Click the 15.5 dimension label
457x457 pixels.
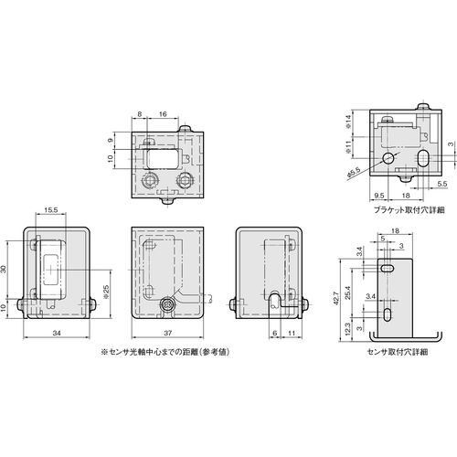51,210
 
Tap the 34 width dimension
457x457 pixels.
57,333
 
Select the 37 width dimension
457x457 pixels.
167,333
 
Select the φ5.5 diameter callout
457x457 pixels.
354,173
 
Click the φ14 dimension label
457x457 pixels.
349,121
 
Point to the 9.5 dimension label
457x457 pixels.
378,196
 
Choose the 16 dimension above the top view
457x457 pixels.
163,114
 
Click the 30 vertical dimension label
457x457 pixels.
4,270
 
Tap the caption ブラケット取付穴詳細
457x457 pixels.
405,210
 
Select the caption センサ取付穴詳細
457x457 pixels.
398,352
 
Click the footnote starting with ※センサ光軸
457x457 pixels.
165,352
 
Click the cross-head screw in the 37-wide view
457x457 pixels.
167,304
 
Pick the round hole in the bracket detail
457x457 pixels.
388,157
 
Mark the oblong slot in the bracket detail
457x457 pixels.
423,157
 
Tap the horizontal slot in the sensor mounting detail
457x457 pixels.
387,269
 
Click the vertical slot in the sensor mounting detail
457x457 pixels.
387,315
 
